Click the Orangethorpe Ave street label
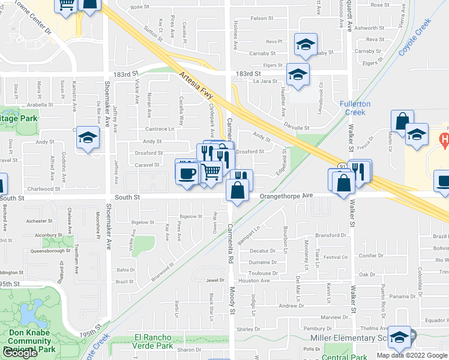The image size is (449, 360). [286, 196]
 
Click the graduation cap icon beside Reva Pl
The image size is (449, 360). [305, 44]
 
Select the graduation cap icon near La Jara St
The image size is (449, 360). [297, 74]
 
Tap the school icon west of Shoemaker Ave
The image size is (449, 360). [88, 139]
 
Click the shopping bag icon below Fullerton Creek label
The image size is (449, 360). [402, 121]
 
